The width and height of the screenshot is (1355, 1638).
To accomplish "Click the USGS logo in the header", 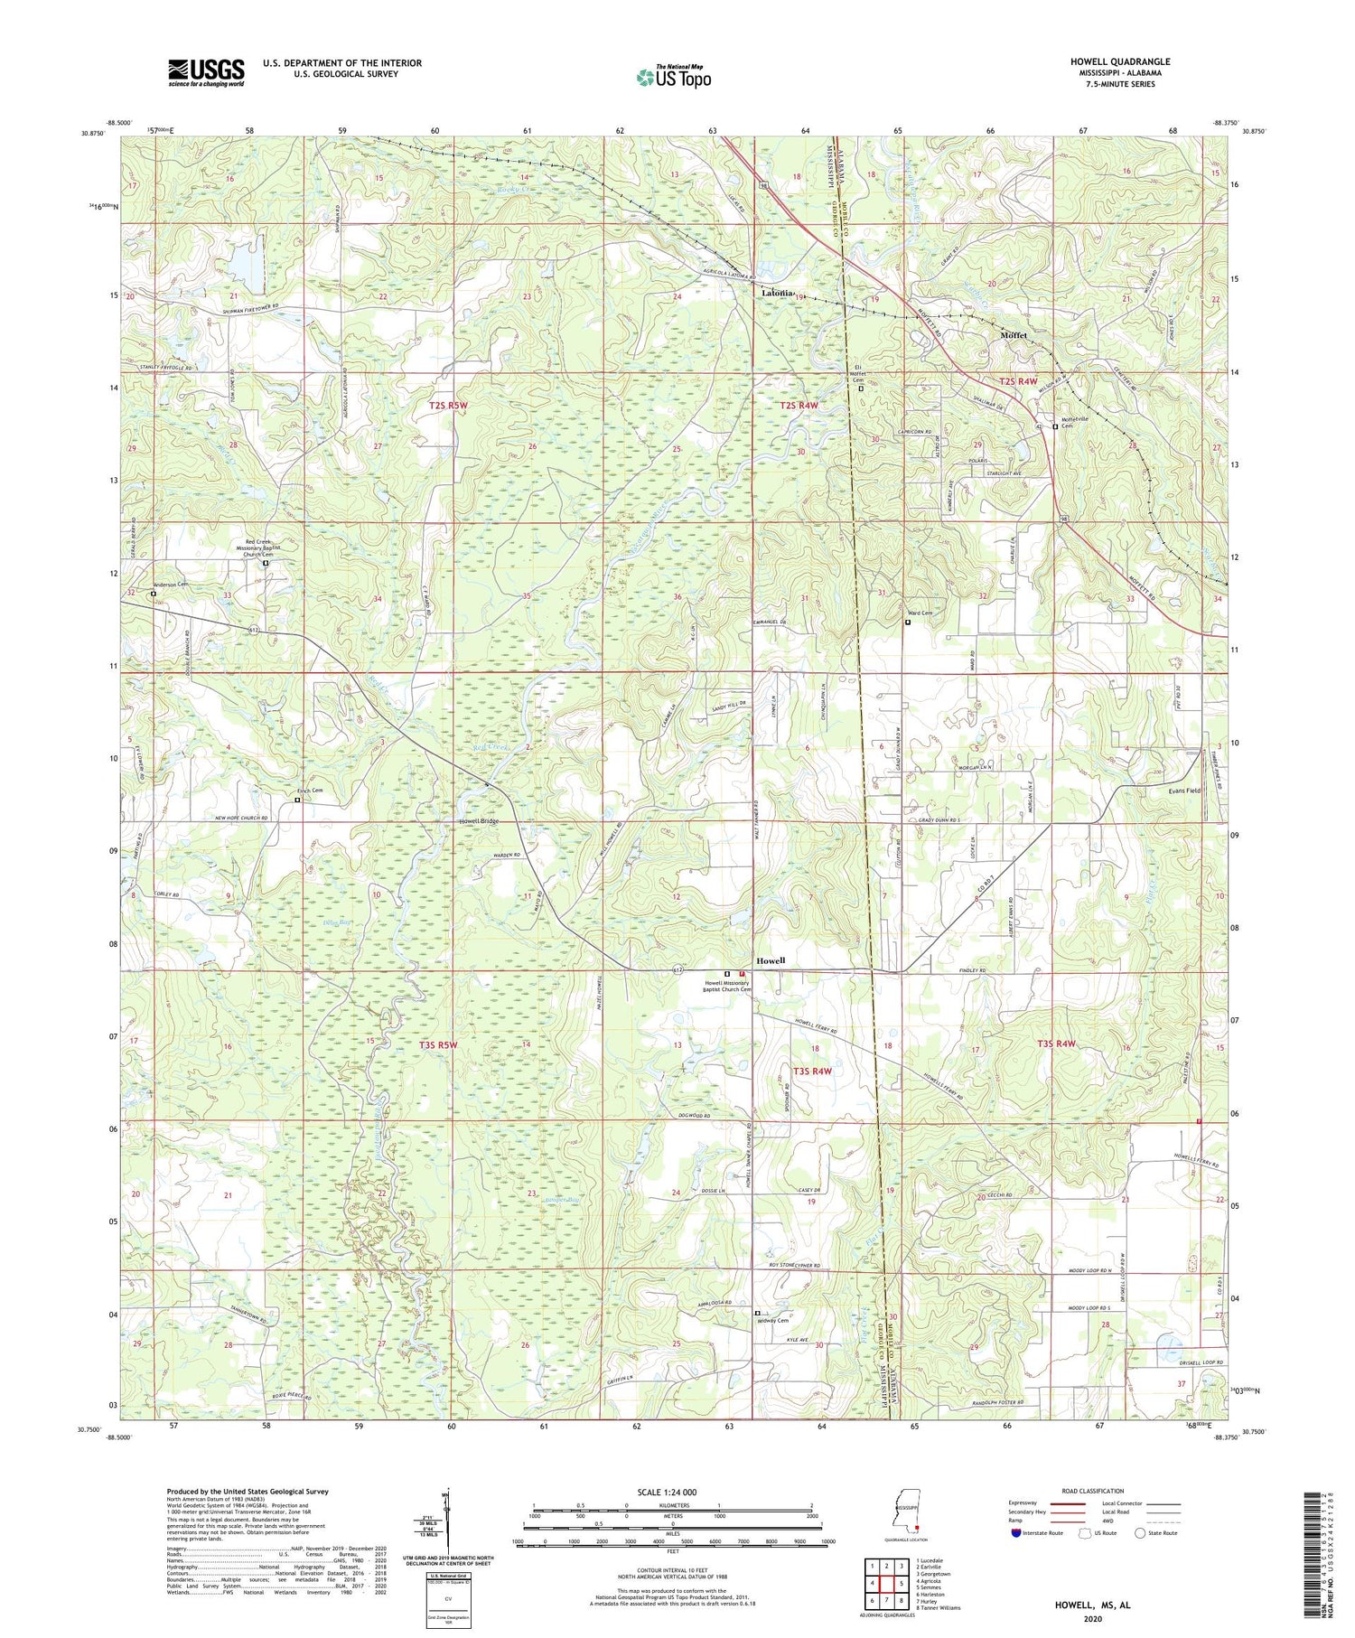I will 206,72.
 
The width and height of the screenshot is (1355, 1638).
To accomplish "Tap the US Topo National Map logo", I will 672,77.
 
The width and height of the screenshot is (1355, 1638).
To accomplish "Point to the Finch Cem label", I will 313,791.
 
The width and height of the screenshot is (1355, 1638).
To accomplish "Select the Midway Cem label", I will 778,1321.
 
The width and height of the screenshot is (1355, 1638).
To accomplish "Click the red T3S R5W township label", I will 438,1045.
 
